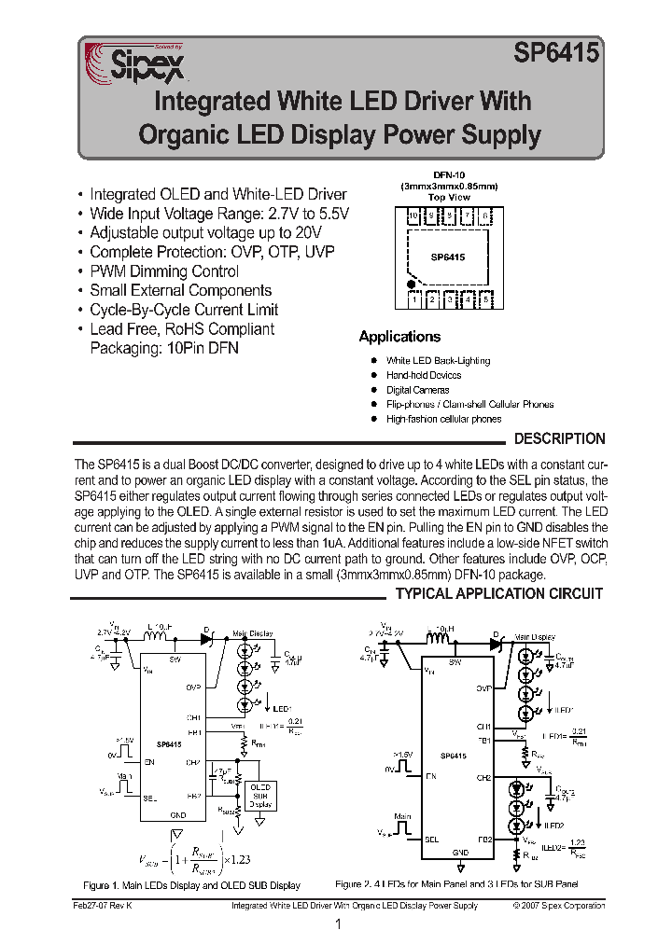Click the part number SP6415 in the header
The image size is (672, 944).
[556, 56]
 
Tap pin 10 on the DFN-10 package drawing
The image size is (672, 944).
[413, 217]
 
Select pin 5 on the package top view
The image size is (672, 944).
[487, 299]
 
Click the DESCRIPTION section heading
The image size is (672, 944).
[560, 438]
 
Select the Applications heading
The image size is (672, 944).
[399, 337]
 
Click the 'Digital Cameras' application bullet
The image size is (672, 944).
[417, 390]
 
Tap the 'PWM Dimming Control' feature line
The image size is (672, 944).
[164, 271]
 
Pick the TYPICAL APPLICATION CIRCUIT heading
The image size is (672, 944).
[500, 593]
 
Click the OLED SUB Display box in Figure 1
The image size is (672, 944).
[260, 795]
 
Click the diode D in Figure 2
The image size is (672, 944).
[496, 641]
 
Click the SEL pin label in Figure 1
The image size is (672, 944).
[149, 798]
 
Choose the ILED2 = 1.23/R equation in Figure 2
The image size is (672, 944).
[567, 846]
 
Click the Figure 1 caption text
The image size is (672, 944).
[191, 885]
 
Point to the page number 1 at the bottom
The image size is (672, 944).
[337, 924]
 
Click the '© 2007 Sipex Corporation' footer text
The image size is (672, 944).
[558, 905]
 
